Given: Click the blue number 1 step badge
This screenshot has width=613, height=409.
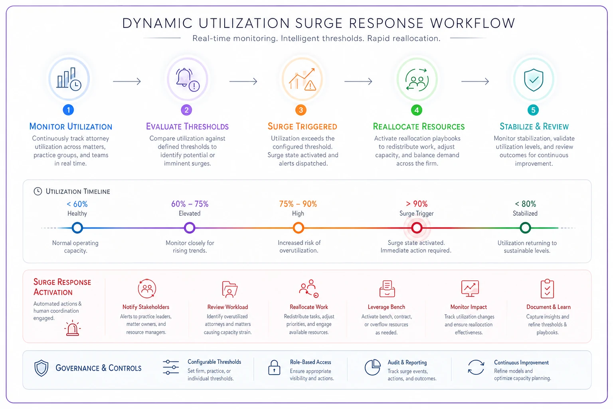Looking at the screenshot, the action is (68, 110).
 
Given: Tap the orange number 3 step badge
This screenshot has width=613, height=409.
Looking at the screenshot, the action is (301, 110).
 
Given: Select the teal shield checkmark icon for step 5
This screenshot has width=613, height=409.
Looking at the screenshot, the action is (533, 80).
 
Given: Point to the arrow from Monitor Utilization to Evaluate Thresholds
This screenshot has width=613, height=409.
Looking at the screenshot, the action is (127, 81).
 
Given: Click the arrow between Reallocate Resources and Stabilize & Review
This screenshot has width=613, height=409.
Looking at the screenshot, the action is (475, 81).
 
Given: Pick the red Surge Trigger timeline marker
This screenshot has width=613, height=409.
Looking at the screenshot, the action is (417, 228).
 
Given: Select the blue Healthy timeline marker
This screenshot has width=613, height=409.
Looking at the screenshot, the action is (77, 228).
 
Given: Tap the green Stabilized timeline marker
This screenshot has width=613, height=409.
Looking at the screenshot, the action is (525, 228).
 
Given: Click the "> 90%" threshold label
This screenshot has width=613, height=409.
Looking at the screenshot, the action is (417, 204).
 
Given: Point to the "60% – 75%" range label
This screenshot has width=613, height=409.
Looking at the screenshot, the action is (190, 204).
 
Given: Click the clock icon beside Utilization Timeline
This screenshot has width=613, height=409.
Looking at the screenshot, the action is (38, 191).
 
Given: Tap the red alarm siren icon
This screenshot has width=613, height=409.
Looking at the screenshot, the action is (72, 328).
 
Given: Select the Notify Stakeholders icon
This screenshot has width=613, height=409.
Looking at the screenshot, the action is (147, 288).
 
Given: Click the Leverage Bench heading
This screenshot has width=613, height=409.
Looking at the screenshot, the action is (386, 307).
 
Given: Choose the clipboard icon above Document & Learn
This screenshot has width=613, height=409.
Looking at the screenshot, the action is (547, 289).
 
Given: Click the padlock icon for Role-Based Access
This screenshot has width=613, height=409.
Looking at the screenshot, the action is (274, 367).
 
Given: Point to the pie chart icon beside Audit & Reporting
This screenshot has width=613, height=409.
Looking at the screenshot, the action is (372, 367).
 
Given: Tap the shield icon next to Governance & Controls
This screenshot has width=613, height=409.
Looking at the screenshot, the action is (42, 368).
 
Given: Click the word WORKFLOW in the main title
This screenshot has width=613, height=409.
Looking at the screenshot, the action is (473, 23).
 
